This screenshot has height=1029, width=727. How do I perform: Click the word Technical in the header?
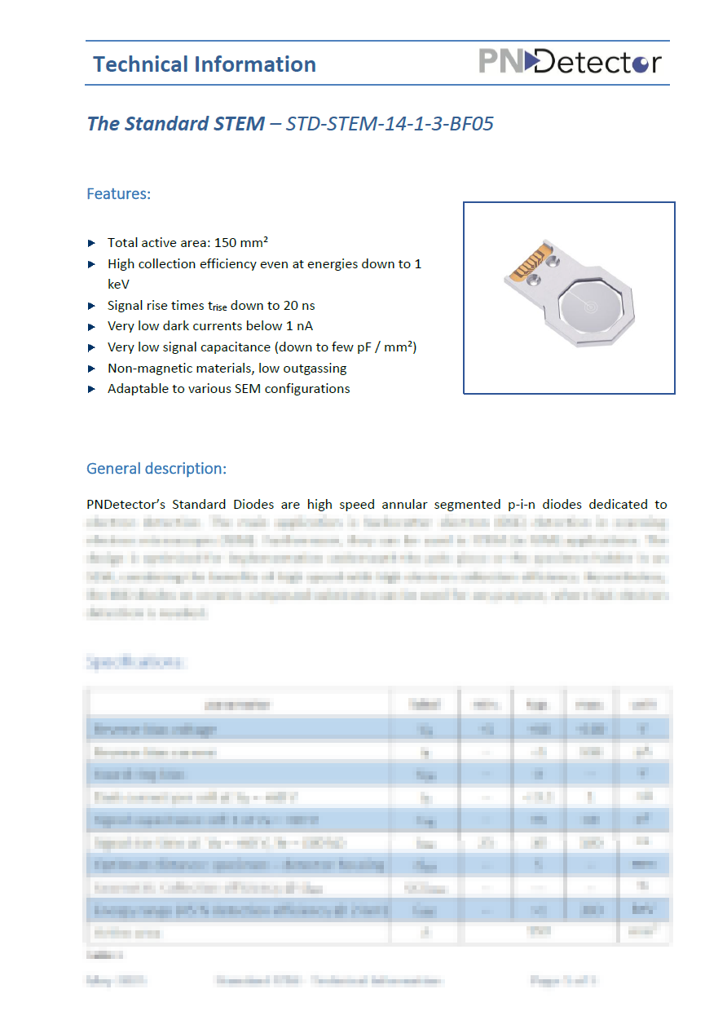pos(139,64)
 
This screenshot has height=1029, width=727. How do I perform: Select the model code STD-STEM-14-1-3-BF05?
pos(390,124)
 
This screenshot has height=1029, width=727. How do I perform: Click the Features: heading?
pos(119,194)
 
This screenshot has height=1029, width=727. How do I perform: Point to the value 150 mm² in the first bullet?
pos(241,243)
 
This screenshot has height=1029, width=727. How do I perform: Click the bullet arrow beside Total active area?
pos(92,243)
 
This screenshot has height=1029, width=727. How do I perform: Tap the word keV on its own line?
pos(118,285)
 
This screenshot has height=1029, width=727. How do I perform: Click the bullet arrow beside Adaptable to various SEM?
pos(92,389)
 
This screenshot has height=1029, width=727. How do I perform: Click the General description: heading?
pos(156,469)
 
